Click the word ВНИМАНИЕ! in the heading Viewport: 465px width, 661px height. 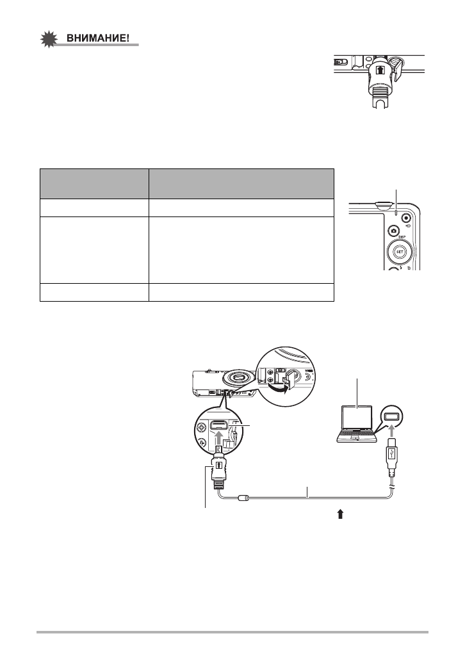[x=102, y=38]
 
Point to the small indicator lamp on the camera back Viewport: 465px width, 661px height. [x=398, y=212]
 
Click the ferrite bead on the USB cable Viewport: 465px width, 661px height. [x=243, y=496]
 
